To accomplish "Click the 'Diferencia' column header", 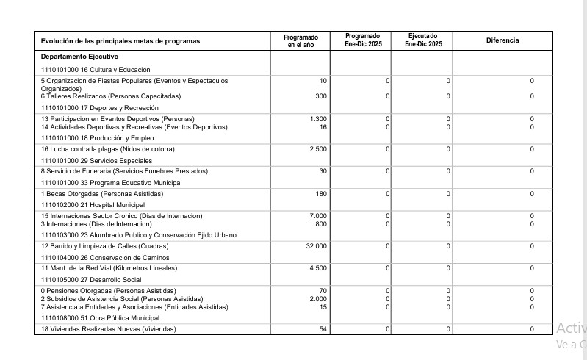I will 503,40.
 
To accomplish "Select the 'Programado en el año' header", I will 300,40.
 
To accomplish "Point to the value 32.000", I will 316,246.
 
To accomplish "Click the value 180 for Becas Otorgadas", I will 320,194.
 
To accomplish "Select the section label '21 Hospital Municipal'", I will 93,205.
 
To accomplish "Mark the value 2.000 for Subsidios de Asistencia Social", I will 317,299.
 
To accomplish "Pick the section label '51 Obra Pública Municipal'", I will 100,318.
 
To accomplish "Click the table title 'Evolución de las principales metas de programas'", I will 120,41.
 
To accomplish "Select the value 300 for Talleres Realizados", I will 320,96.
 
